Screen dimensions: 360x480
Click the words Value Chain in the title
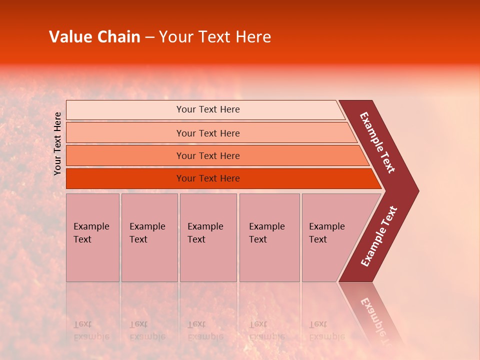(94, 37)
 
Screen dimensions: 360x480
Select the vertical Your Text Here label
(57, 143)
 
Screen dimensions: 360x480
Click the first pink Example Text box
(92, 237)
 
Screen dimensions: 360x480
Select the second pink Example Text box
(149, 237)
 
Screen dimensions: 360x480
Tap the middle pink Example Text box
(208, 237)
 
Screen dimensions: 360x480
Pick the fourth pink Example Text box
(269, 237)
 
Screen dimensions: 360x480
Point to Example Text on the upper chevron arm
(378, 142)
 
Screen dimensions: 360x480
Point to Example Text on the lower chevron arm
(379, 236)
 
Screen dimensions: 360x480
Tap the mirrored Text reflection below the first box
(82, 324)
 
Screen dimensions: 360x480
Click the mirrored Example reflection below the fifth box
(327, 336)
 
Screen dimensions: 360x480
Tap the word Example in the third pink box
(205, 226)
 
